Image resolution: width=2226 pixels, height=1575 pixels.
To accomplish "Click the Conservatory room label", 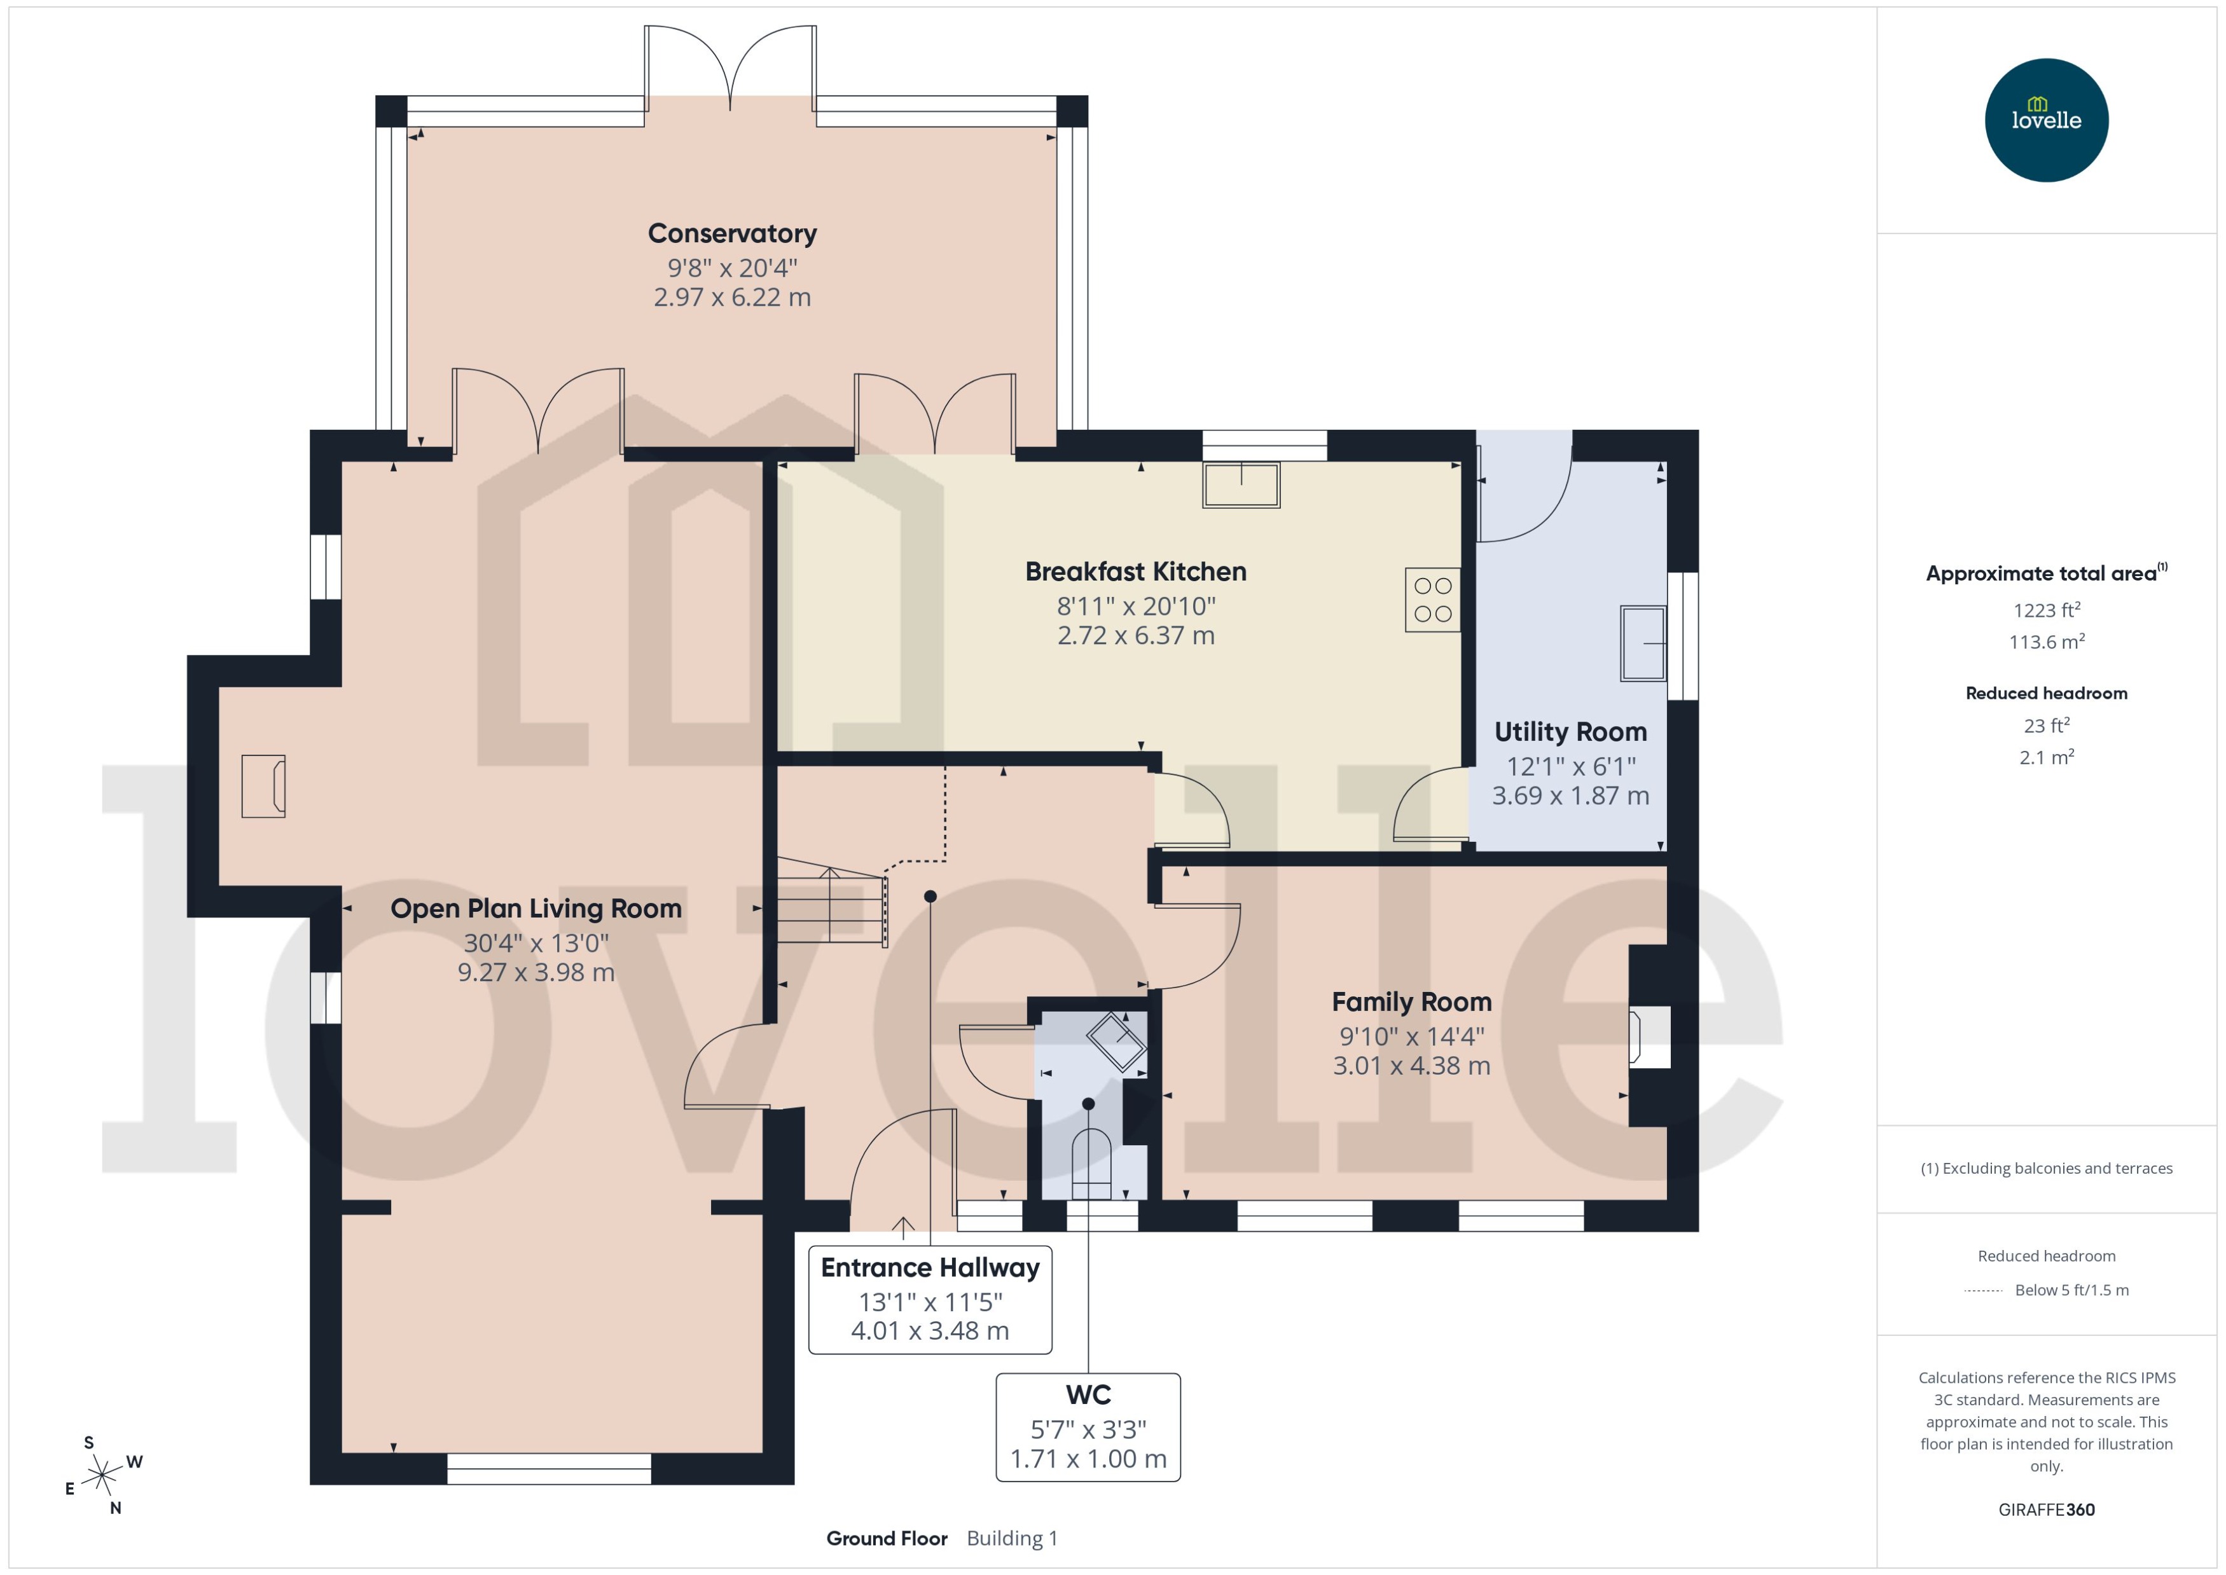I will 732,234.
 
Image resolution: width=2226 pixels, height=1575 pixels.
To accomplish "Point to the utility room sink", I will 1642,643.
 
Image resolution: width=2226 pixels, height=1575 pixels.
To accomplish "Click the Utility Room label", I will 1570,732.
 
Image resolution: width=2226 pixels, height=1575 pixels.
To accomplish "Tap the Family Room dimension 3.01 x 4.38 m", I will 1411,1066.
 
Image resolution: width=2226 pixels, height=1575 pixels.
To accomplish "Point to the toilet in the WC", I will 1091,1164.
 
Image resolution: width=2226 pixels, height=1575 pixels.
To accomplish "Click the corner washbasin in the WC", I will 1117,1041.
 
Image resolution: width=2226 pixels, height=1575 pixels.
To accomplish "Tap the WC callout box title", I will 1088,1394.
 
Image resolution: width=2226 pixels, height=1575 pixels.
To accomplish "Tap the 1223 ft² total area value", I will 2045,610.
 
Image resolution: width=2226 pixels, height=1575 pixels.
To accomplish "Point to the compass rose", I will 102,1476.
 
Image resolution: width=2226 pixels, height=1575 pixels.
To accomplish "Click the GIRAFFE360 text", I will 2045,1510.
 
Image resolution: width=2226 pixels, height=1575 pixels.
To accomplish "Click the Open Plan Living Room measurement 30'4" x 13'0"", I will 536,943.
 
